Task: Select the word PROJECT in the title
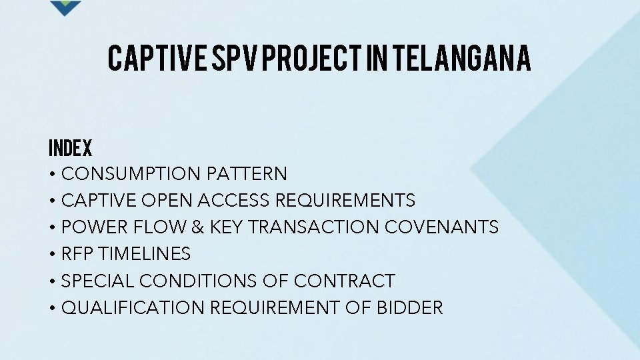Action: click(313, 58)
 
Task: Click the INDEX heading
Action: click(70, 148)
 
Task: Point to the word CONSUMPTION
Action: click(131, 174)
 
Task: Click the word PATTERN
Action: click(247, 174)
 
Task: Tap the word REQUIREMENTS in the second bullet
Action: click(345, 201)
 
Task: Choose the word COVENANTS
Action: click(441, 227)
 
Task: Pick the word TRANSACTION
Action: click(314, 227)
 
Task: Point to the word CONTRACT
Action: click(345, 281)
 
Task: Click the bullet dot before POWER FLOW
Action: click(52, 228)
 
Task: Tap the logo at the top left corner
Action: click(65, 7)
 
